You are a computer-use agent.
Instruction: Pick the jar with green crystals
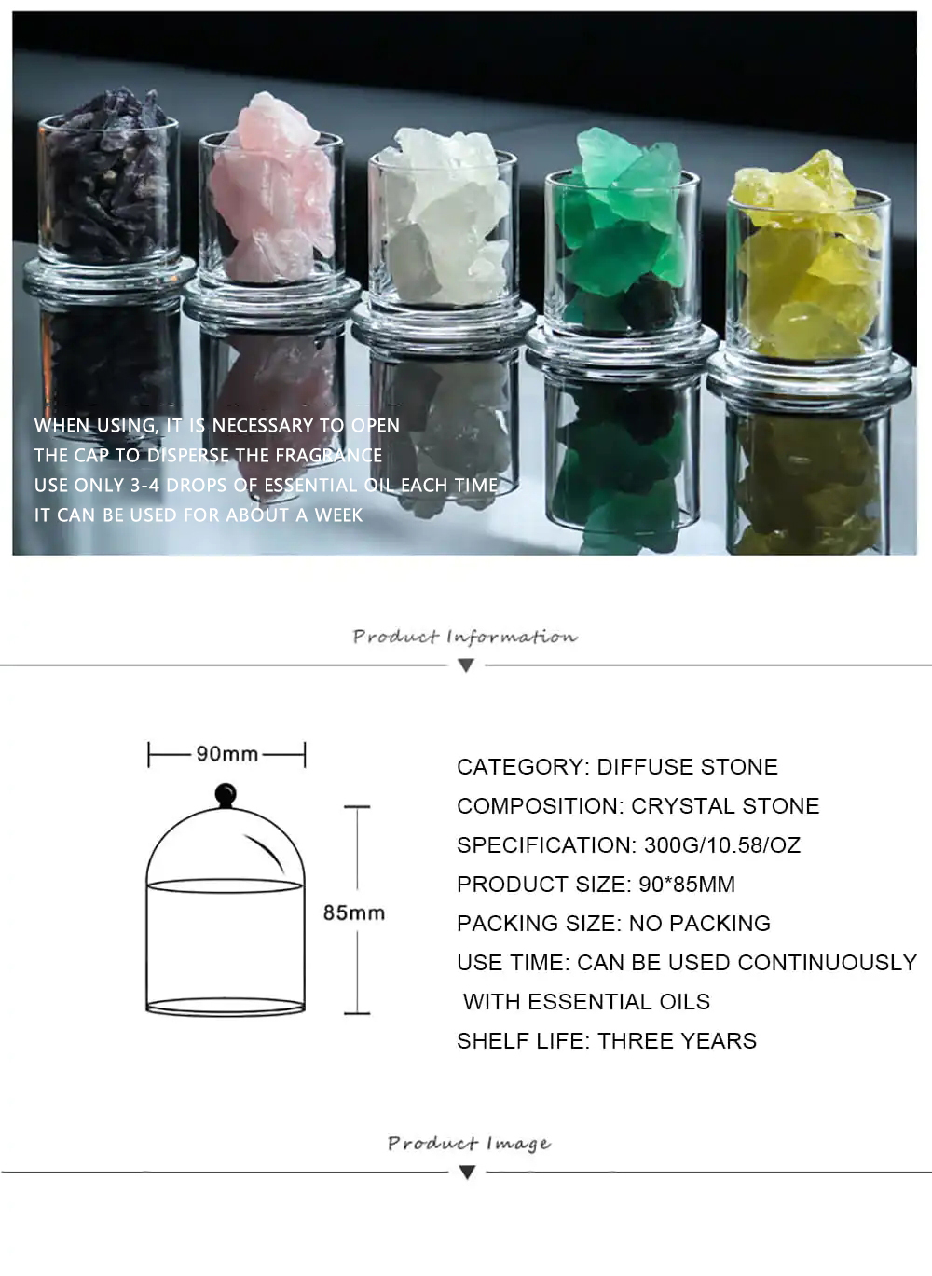tap(622, 251)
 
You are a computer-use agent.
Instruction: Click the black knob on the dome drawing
tap(226, 794)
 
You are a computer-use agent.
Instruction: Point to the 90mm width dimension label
tap(227, 754)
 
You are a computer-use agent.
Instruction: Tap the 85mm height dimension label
tap(354, 912)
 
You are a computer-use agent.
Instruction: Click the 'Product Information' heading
tap(465, 637)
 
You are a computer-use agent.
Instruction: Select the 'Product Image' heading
tap(469, 1144)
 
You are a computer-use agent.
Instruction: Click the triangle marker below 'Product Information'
tap(466, 665)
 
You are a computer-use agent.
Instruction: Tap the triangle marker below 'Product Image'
tap(467, 1173)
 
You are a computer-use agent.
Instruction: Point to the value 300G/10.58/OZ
tap(722, 845)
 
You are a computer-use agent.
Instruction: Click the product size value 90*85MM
tap(687, 885)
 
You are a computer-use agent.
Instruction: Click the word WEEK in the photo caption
tap(338, 515)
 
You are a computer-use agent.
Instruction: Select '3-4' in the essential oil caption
tap(144, 486)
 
